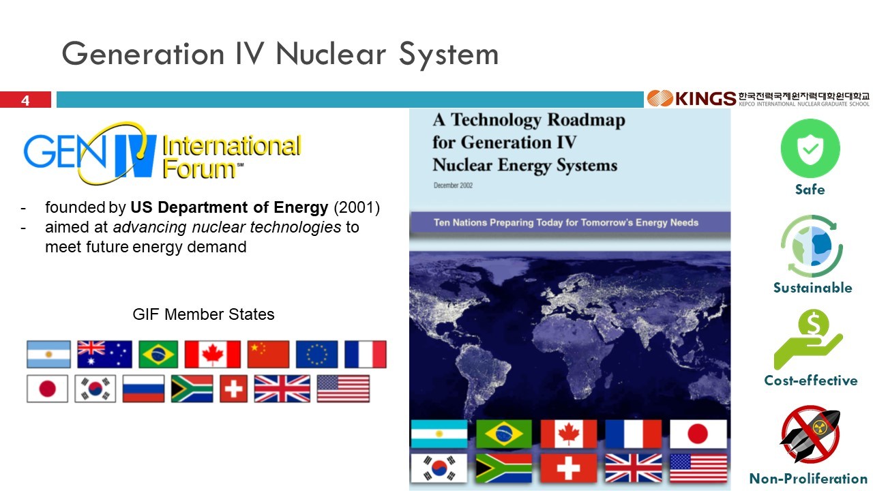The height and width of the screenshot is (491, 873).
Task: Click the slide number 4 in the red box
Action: click(x=25, y=100)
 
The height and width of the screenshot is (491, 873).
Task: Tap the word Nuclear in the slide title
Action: click(x=331, y=54)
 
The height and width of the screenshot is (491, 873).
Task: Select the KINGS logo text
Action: click(x=705, y=99)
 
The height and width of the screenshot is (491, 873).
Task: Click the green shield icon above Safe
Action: click(x=810, y=149)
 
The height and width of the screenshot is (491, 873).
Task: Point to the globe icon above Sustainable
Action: click(x=812, y=246)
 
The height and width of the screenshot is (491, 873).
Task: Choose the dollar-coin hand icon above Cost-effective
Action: click(x=808, y=339)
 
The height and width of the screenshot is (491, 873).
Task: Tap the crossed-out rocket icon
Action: click(x=810, y=434)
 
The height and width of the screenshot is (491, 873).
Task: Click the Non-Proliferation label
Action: click(x=808, y=478)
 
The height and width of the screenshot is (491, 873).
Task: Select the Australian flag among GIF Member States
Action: click(x=104, y=354)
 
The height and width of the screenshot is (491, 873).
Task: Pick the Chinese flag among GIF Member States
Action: click(x=268, y=354)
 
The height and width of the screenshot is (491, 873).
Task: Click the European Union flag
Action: click(x=317, y=354)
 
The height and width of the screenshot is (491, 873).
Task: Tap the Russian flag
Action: click(x=143, y=389)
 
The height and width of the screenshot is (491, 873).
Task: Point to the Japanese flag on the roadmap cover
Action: click(x=698, y=434)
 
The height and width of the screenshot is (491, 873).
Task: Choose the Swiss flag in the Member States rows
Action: click(x=233, y=389)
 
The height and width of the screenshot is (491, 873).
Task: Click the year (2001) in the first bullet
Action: click(x=357, y=207)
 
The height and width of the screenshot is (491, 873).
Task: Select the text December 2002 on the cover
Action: click(x=453, y=185)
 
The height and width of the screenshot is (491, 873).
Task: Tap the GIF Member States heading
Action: click(x=203, y=314)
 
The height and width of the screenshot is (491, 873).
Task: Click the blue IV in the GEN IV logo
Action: click(x=135, y=155)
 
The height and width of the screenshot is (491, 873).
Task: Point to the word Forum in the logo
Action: click(x=199, y=168)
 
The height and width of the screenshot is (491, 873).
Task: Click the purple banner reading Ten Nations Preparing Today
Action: click(x=569, y=222)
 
